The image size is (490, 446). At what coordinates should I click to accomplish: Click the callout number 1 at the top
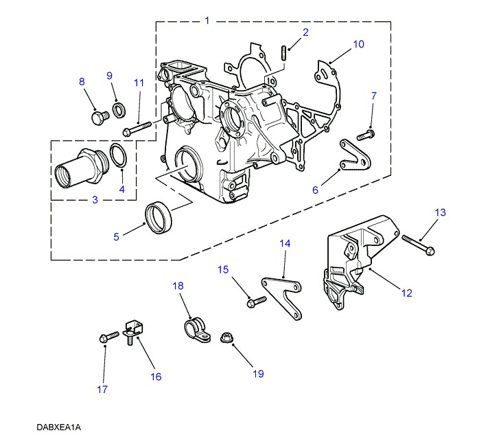(x=207, y=21)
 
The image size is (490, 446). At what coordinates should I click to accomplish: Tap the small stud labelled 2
(x=284, y=52)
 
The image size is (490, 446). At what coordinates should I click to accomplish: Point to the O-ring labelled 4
(x=117, y=157)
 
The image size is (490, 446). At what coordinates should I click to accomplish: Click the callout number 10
(x=358, y=45)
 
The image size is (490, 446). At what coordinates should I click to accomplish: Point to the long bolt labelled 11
(x=137, y=128)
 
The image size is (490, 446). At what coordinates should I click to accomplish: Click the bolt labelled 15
(x=255, y=300)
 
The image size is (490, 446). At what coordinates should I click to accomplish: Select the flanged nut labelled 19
(x=226, y=337)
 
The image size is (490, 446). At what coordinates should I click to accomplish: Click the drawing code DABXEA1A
(x=59, y=427)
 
